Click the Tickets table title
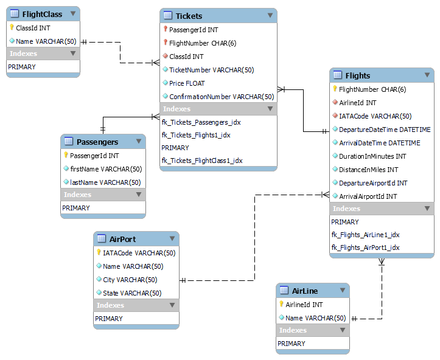pos(189,16)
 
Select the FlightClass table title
pos(42,14)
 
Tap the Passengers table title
pos(97,142)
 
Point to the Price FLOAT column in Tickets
pos(187,83)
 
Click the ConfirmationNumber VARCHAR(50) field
pos(222,97)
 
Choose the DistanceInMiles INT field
pos(369,170)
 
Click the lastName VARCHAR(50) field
pos(105,182)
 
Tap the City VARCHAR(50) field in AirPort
pos(130,280)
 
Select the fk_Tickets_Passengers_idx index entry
pos(201,122)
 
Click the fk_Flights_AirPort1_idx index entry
pos(365,247)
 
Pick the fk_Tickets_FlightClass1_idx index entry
pos(202,161)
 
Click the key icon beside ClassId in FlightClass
pos(12,27)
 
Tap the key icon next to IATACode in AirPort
pos(99,253)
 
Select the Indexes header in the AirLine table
pos(293,330)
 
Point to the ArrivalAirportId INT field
pos(368,196)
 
